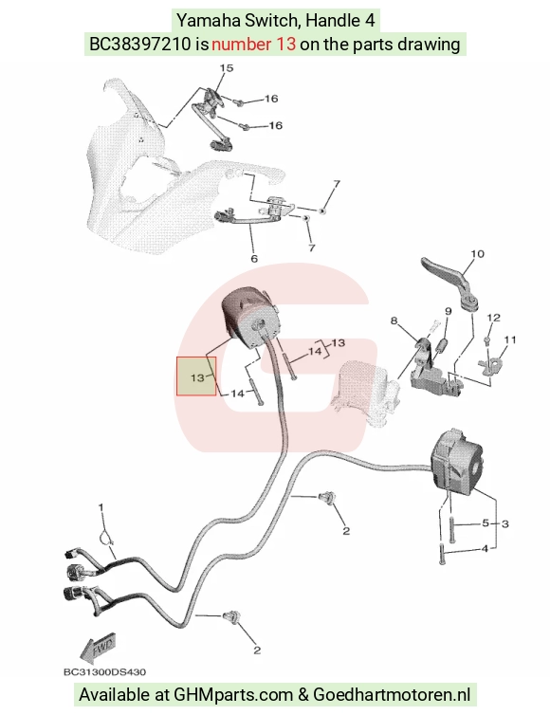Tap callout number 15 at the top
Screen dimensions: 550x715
[227, 68]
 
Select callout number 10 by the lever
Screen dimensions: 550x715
[477, 253]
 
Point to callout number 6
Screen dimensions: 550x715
[254, 259]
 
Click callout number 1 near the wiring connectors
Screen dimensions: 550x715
[101, 507]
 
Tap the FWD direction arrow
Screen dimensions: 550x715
[97, 648]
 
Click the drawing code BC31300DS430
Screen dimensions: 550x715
[104, 671]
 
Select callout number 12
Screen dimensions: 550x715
[493, 318]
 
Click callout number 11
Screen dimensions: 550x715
[510, 339]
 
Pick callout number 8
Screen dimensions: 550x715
[394, 321]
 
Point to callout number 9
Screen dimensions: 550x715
[448, 311]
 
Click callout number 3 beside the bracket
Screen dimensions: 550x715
[504, 524]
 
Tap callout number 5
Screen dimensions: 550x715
[486, 523]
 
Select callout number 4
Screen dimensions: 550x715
[485, 548]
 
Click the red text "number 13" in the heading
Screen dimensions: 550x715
[253, 45]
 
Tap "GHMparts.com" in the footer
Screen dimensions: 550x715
[233, 695]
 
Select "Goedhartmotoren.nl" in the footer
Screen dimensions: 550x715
[392, 695]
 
